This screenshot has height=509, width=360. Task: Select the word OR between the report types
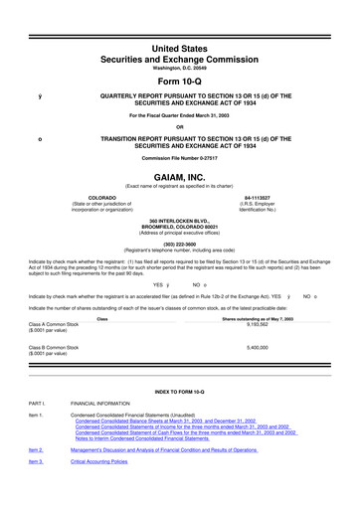coord(180,126)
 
